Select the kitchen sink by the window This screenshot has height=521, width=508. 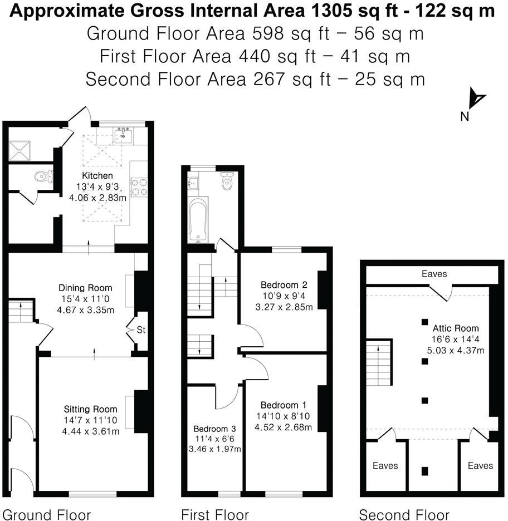pos(123,135)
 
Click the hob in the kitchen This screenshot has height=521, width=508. pos(139,186)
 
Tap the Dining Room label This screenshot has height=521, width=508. pos(85,288)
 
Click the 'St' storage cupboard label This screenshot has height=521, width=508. pos(141,330)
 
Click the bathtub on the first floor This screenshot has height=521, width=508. pos(198,220)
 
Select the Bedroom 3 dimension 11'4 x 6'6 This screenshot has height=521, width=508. pos(214,439)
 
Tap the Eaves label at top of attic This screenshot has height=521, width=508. pos(434,274)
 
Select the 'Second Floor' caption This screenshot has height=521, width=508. pos(404,514)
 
